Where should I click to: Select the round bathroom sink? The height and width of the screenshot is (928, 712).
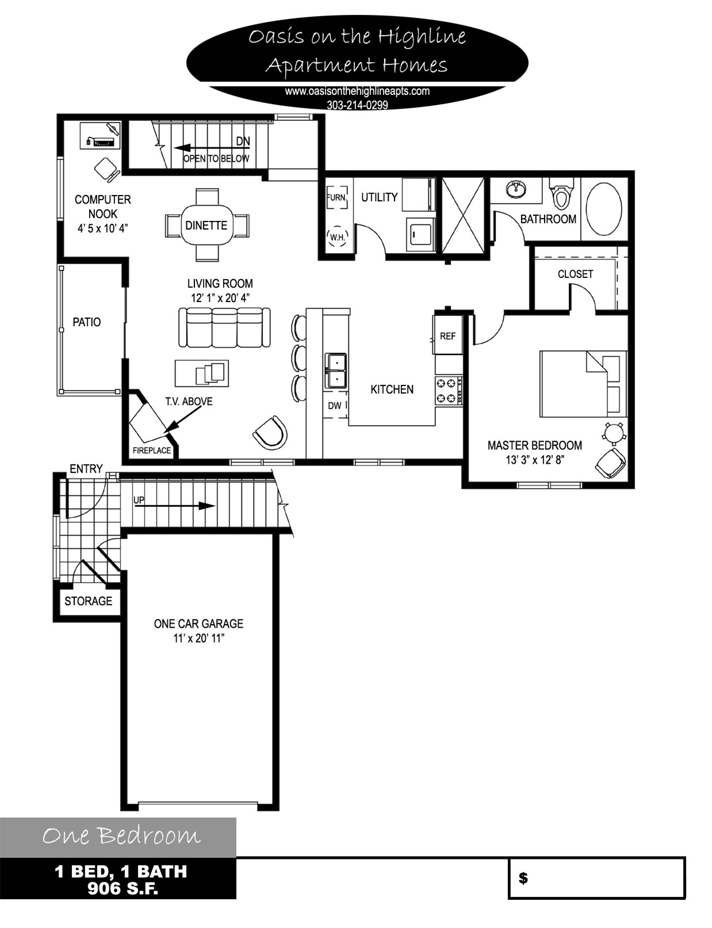516,190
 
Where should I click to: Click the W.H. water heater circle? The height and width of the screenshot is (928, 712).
337,236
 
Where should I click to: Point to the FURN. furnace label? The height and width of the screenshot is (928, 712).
336,198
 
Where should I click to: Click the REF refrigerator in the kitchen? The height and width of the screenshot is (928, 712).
448,335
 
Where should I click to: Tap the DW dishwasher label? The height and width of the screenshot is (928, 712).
335,406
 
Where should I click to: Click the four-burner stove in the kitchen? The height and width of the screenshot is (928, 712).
448,391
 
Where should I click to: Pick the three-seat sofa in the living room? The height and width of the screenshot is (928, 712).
224,327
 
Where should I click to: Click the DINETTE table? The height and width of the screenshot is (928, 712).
207,225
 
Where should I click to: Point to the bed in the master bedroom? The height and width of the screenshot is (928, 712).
584,384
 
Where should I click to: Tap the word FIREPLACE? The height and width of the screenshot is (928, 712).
151,450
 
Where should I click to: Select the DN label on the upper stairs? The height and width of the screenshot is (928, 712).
243,142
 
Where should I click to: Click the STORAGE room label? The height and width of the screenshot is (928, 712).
89,601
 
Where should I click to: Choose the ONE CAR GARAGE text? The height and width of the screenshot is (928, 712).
198,624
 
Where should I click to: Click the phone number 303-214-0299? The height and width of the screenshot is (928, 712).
357,105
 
